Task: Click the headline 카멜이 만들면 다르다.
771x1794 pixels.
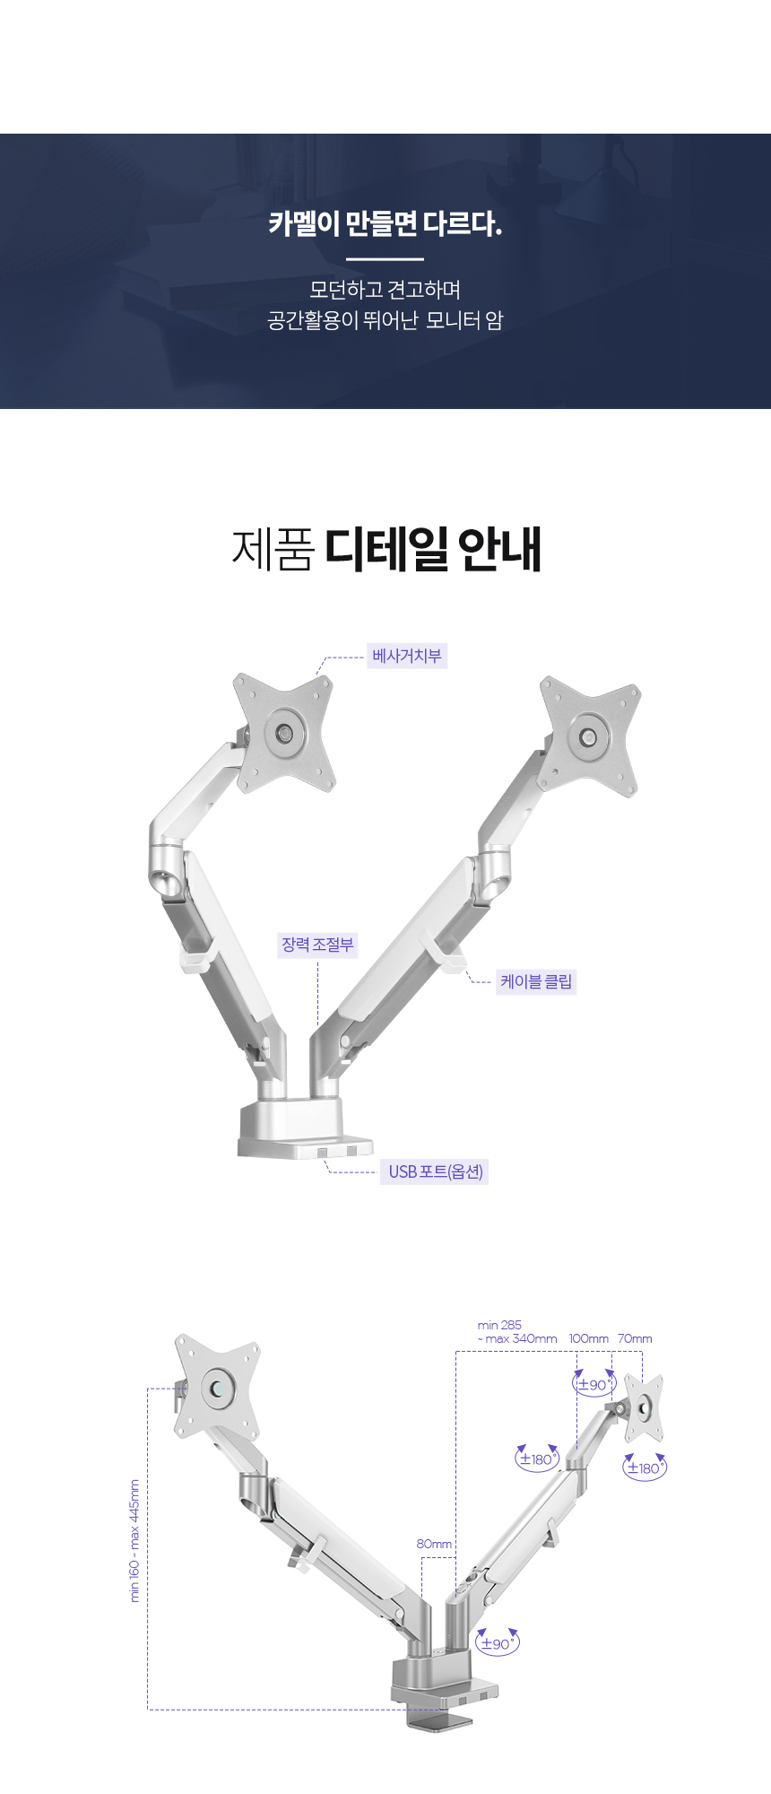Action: pyautogui.click(x=385, y=223)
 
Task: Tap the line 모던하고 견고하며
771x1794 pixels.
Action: pyautogui.click(x=385, y=290)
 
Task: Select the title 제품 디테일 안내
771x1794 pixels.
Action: pyautogui.click(x=386, y=549)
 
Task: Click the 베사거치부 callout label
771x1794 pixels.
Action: pyautogui.click(x=407, y=656)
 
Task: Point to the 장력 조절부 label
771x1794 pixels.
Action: pyautogui.click(x=318, y=945)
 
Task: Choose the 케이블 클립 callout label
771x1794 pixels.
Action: pyautogui.click(x=536, y=981)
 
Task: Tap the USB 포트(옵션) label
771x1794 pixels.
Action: pyautogui.click(x=436, y=1171)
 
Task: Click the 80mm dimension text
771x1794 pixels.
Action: pyautogui.click(x=434, y=1544)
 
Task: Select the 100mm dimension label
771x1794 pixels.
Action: pyautogui.click(x=589, y=1338)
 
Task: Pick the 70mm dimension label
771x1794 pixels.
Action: pyautogui.click(x=635, y=1338)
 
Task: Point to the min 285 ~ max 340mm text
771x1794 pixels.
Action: pyautogui.click(x=517, y=1331)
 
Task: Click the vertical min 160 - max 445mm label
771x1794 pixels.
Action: pyautogui.click(x=135, y=1541)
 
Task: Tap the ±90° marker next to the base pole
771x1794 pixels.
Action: pyautogui.click(x=498, y=1642)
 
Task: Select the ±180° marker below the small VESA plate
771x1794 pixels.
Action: pyautogui.click(x=645, y=1467)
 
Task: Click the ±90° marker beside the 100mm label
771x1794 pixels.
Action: pyautogui.click(x=594, y=1384)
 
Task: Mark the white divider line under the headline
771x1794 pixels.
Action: pyautogui.click(x=385, y=258)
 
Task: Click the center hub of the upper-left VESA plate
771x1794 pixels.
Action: pyautogui.click(x=286, y=732)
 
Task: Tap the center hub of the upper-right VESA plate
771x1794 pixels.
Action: pyautogui.click(x=589, y=737)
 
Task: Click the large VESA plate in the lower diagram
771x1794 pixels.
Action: pyautogui.click(x=218, y=1387)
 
